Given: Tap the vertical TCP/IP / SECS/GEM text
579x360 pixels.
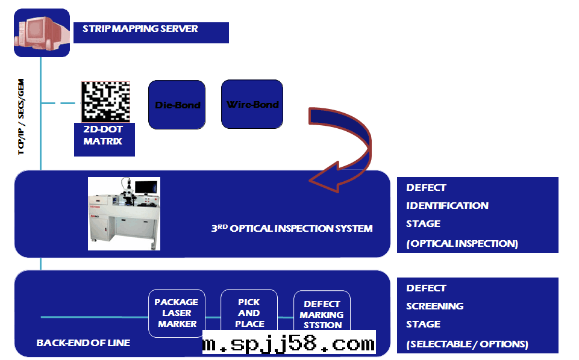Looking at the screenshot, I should click(x=22, y=118).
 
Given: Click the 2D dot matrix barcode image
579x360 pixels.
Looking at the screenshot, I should click(x=106, y=101).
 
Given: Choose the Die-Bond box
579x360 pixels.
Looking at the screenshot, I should click(x=178, y=105).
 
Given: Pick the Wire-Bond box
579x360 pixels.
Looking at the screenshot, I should click(x=252, y=104).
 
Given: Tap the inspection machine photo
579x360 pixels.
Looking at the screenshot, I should click(x=124, y=213).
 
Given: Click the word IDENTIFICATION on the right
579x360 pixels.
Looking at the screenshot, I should click(x=447, y=205).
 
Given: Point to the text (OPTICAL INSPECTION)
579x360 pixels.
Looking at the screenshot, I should click(x=462, y=244).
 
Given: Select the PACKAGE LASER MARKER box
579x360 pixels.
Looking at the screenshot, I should click(x=177, y=313).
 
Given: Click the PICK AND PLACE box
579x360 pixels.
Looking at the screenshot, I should click(x=249, y=312).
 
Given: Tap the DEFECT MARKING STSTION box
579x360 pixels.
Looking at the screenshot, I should click(x=322, y=313).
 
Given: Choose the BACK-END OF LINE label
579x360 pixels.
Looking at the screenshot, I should click(x=83, y=343).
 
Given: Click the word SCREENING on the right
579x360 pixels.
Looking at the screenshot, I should click(x=434, y=306).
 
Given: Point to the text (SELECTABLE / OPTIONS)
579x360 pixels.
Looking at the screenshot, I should click(x=467, y=344).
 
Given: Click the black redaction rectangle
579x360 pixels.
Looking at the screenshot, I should click(x=289, y=341).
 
